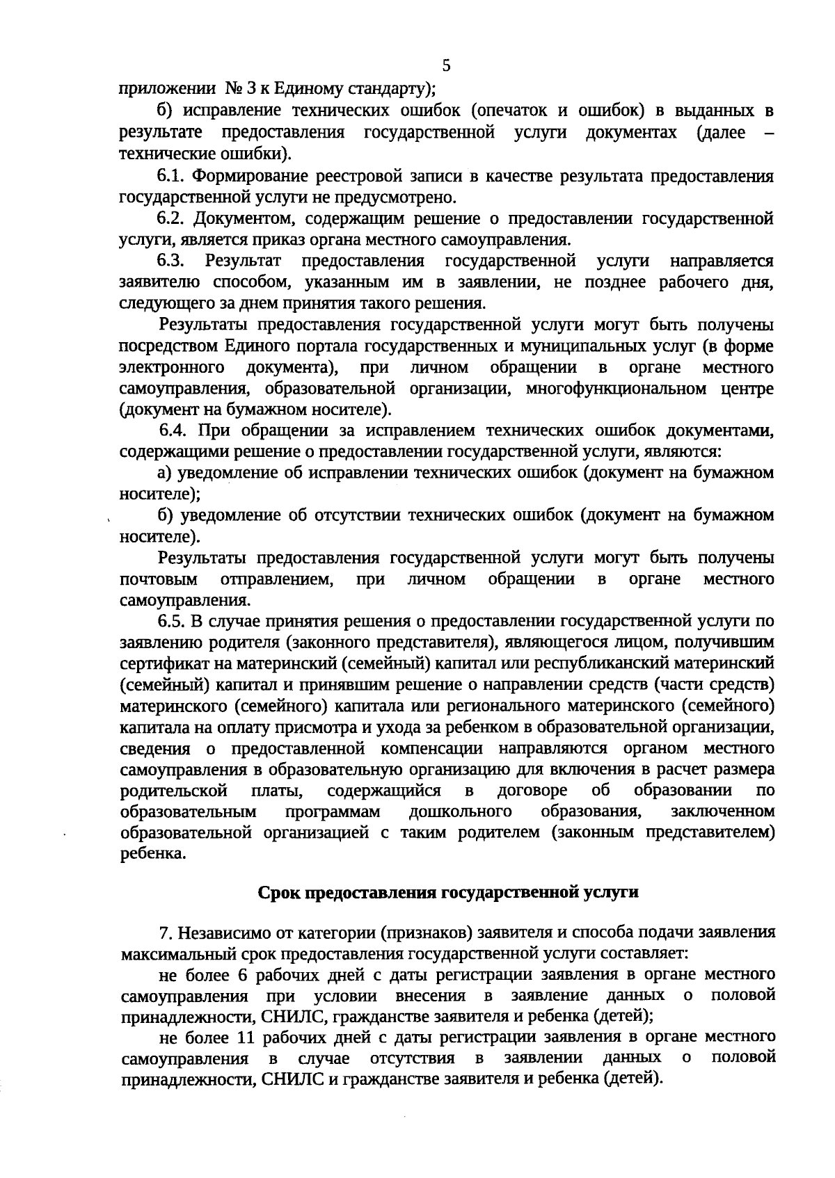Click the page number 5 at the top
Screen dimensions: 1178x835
446,66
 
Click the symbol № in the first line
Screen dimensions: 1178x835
232,89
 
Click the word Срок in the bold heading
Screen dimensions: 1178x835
281,892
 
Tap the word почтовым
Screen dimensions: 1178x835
158,579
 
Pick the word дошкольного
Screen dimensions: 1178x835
461,812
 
